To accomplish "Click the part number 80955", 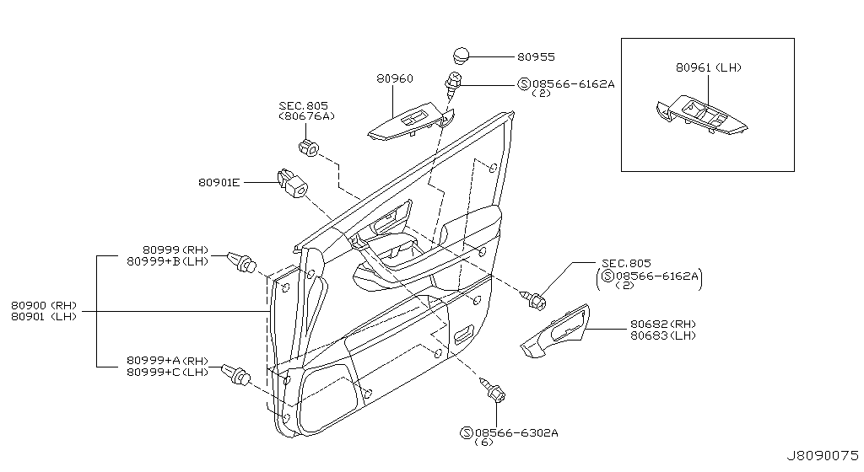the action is [536, 56].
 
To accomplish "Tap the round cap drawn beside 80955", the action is [461, 56].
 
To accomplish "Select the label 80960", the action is [395, 78].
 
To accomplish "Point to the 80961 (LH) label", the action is [709, 67].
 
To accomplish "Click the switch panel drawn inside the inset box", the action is [701, 116].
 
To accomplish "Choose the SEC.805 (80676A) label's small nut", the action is [309, 147].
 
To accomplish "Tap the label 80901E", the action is [219, 182].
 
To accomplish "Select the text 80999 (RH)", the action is [175, 249].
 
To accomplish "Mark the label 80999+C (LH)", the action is [168, 372].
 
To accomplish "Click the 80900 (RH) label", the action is [44, 305].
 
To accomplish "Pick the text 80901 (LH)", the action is [44, 317].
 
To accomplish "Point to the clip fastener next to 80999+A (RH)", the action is [236, 374].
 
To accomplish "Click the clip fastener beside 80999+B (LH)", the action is [242, 261].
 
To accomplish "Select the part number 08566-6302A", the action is [516, 433].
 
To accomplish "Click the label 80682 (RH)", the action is [663, 324].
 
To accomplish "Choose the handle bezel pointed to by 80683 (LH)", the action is [555, 332].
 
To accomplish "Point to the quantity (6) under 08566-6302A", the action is [483, 442].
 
